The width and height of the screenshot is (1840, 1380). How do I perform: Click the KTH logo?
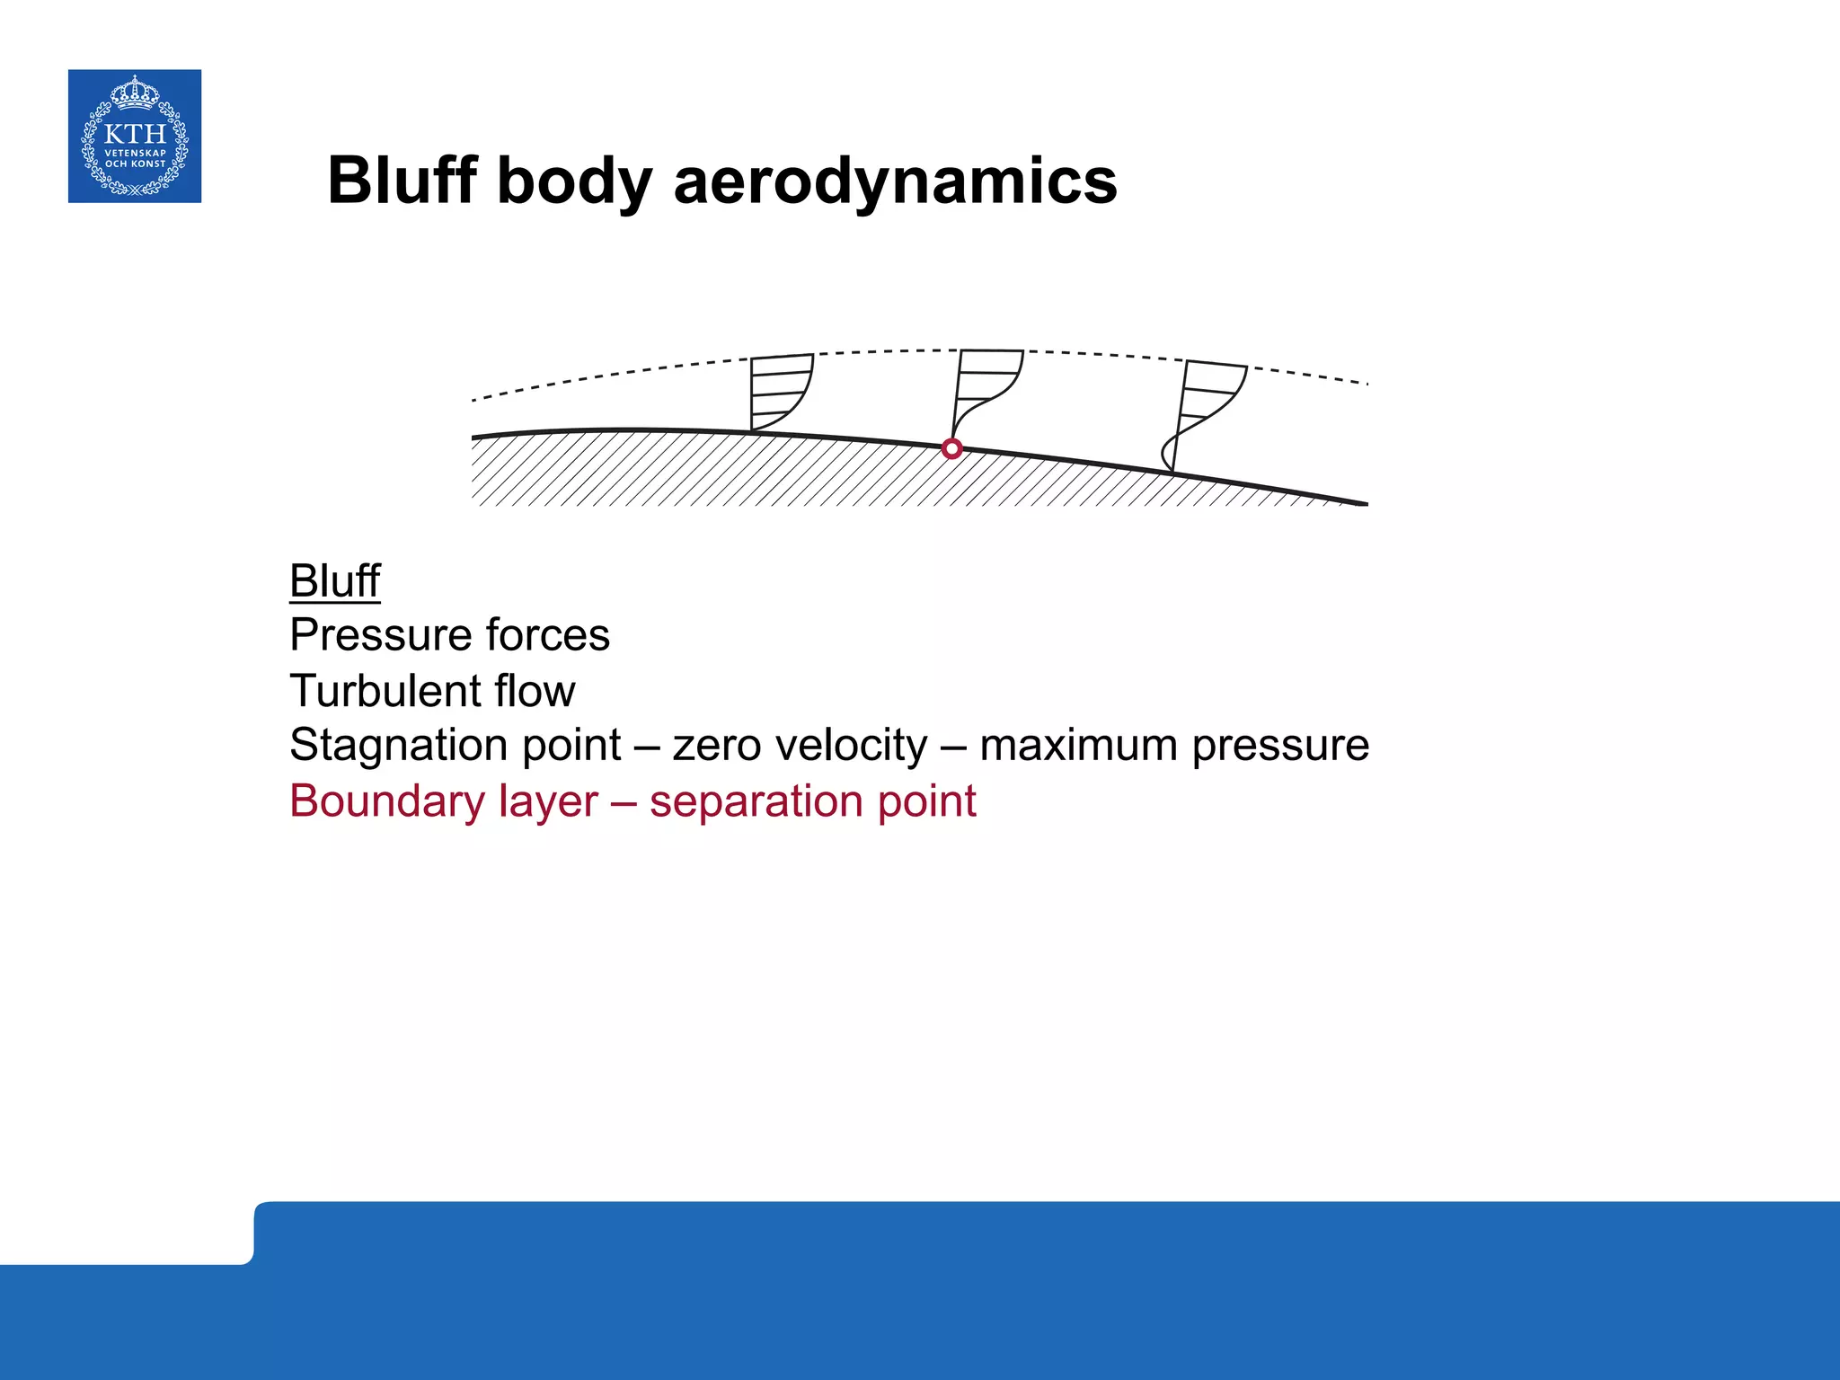[x=135, y=136]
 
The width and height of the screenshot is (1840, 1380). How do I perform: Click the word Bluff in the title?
[x=402, y=181]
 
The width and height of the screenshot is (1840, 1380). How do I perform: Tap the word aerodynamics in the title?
[x=895, y=181]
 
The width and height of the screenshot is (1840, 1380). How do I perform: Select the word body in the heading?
[x=573, y=182]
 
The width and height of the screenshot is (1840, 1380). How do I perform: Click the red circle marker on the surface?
[x=952, y=448]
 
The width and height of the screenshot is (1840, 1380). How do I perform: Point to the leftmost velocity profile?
[x=778, y=394]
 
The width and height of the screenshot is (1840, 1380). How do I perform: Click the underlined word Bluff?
[x=334, y=580]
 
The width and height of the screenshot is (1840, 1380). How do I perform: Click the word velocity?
[x=844, y=746]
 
